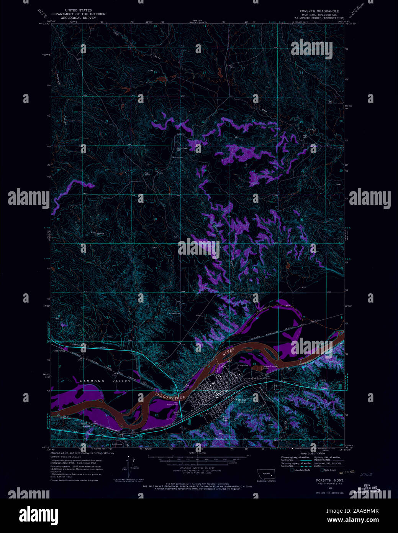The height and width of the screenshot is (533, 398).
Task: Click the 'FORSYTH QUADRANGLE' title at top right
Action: [319, 11]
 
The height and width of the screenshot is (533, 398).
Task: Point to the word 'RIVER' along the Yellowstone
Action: [229, 352]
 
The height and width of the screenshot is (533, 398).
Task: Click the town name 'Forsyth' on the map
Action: [241, 399]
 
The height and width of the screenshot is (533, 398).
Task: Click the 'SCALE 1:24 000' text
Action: [197, 453]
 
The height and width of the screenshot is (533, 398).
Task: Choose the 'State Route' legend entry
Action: [330, 470]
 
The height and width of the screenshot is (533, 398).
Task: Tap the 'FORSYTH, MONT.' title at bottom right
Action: [330, 480]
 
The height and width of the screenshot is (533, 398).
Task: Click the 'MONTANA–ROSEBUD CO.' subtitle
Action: [319, 15]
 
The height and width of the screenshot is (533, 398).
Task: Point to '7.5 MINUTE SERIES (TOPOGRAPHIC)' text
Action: [319, 18]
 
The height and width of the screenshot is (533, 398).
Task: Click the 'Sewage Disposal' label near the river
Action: [270, 367]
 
